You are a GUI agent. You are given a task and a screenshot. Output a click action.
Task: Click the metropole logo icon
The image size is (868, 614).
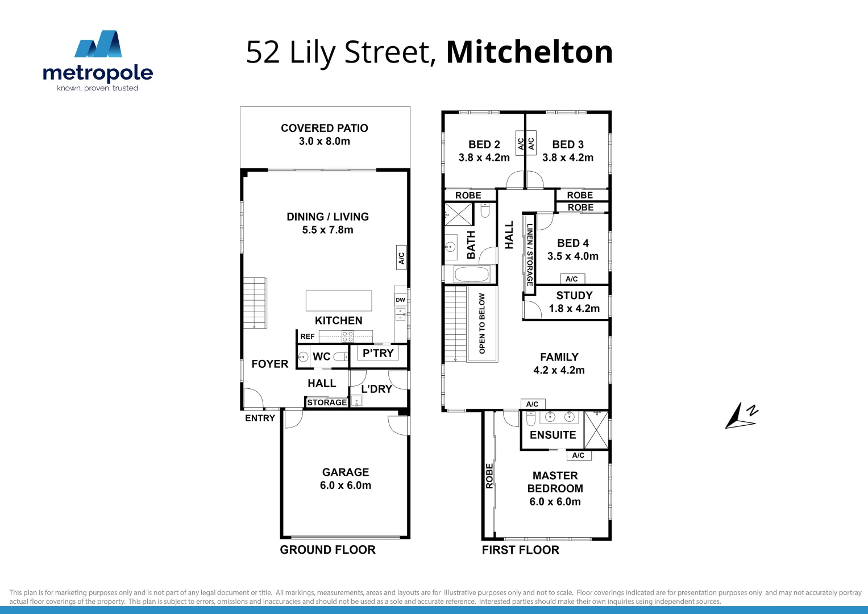click(x=98, y=44)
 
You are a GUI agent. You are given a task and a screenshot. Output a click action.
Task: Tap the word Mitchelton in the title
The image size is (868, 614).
click(x=529, y=52)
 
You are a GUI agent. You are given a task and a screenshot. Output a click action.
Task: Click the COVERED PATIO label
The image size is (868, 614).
click(x=325, y=128)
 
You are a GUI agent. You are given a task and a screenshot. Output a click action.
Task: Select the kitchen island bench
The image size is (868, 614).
click(x=339, y=301)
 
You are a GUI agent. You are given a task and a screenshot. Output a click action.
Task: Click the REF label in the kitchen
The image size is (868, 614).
click(x=308, y=337)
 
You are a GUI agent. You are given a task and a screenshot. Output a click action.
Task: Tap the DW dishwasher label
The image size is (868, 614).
click(x=401, y=300)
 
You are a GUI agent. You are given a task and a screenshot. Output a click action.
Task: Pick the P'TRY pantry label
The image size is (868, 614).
click(x=378, y=353)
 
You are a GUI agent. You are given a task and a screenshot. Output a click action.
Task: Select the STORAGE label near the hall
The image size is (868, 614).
click(x=327, y=403)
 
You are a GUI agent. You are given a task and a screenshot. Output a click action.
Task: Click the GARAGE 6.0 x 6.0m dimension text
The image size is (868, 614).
click(x=346, y=486)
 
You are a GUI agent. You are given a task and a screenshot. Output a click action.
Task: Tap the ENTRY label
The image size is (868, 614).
click(x=260, y=418)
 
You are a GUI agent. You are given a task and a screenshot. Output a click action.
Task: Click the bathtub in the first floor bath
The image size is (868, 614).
click(x=471, y=275)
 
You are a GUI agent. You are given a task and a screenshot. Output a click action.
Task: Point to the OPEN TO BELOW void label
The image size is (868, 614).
click(x=482, y=323)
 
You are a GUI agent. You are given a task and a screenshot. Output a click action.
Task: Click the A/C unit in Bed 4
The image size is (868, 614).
click(x=572, y=279)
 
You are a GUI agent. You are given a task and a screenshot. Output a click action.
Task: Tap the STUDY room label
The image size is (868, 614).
click(x=574, y=296)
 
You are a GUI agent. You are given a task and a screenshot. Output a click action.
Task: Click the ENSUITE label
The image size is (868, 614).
click(x=553, y=435)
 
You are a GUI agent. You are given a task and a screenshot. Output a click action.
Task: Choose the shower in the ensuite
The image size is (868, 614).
click(x=596, y=429)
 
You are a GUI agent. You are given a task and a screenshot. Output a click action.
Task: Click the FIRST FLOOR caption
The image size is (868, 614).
click(x=521, y=550)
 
